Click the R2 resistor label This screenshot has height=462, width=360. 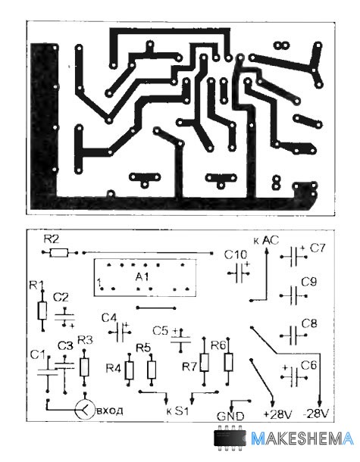tap(52, 239)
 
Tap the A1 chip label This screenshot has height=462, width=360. tap(142, 277)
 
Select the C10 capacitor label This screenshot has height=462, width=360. tap(235, 254)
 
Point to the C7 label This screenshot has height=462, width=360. tap(318, 248)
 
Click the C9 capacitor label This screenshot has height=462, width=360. tap(309, 283)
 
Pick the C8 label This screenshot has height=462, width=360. tap(309, 324)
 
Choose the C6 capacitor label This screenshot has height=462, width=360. tap(308, 365)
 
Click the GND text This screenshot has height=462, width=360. tap(230, 417)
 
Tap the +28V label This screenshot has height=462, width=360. tap(277, 414)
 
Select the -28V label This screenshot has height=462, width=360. tap(315, 414)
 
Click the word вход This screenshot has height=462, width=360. tap(110, 410)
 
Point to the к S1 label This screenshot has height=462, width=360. tap(177, 411)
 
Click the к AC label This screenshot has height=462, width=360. tap(266, 241)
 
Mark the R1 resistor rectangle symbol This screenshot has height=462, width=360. tap(42, 311)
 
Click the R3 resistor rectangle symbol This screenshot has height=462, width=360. tap(84, 367)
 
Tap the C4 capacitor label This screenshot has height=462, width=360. tap(109, 318)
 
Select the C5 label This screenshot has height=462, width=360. tap(161, 331)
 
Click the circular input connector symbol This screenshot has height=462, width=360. tap(85, 410)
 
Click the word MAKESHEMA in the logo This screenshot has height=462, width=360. tap(302, 439)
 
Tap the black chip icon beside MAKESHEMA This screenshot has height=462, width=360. tap(230, 438)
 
